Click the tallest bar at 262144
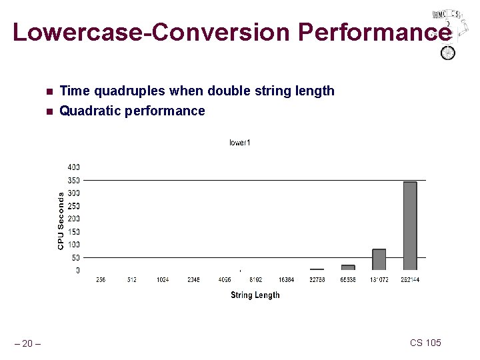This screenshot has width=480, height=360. tap(410, 225)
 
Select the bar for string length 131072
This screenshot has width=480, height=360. tap(379, 259)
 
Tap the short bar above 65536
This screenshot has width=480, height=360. tap(348, 267)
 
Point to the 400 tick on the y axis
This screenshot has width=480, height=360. tap(73, 167)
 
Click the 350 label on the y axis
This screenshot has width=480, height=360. tap(73, 180)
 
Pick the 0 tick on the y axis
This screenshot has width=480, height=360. tap(77, 271)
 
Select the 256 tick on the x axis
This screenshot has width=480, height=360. tap(101, 280)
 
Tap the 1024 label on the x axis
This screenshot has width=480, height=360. tap(163, 280)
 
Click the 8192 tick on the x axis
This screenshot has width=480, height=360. tap(255, 280)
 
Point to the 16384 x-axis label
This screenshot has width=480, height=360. tap(286, 280)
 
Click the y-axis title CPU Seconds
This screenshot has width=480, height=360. tap(61, 221)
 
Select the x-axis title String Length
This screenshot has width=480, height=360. tap(255, 295)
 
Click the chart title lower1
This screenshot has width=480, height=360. tap(239, 143)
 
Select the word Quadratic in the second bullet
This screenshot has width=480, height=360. tap(87, 111)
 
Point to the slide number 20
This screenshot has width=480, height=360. tap(27, 343)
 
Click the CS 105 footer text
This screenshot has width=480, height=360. tap(425, 343)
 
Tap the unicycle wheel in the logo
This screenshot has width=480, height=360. tap(448, 53)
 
